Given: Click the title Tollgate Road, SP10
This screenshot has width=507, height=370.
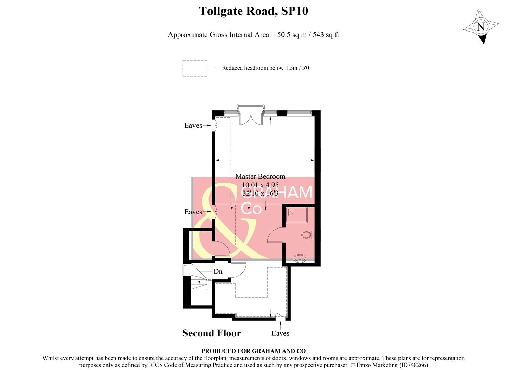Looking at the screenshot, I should point(253,11).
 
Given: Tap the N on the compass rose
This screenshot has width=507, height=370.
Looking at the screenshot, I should point(481,27).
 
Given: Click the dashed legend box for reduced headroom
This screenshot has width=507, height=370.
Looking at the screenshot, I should point(195,68).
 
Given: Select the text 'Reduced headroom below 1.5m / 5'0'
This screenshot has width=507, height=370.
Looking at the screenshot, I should point(265,68).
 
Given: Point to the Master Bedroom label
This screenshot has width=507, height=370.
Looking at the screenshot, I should point(260,176).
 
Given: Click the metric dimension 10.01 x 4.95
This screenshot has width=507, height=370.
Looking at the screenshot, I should point(260,185).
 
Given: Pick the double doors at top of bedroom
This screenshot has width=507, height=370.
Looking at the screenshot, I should point(250,118).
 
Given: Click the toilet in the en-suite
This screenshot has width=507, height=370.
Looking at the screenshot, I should point(307,235).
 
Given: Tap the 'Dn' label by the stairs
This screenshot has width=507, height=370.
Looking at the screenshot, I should point(218,272).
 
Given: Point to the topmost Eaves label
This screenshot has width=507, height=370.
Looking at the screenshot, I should point(193,126).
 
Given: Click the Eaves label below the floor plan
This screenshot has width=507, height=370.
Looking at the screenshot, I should point(280,333).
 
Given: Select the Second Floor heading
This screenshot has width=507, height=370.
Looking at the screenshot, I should point(212,333).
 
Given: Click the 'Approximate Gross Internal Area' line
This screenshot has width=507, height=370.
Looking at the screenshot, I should point(253,35).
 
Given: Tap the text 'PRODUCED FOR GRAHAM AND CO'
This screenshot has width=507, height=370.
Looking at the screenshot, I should point(253,351).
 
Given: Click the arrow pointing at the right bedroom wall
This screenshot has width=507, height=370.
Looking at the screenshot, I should point(310,160).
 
